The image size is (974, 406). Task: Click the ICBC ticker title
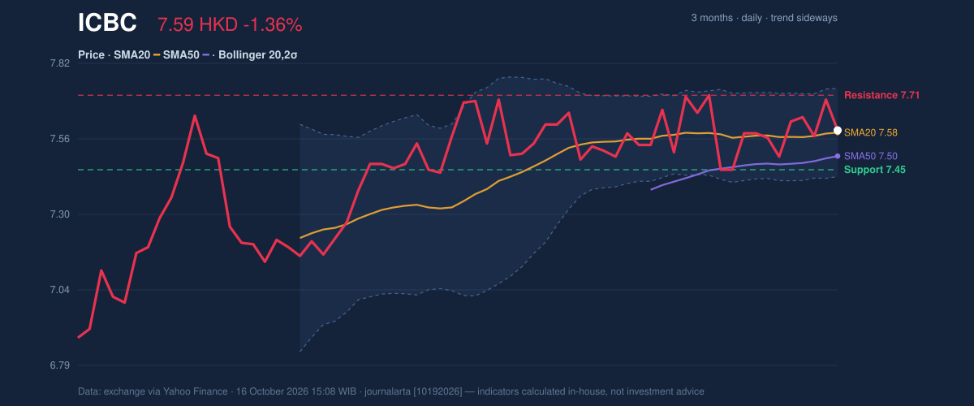[x=107, y=23]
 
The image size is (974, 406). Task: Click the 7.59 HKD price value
[x=197, y=25]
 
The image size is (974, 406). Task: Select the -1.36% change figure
[x=273, y=25]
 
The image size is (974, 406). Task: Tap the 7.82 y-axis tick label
[x=59, y=63]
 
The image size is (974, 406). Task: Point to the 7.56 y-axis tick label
[x=59, y=139]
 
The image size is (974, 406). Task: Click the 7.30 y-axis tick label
[x=59, y=214]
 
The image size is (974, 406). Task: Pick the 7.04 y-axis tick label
[x=59, y=290]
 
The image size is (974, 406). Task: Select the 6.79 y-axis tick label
[x=59, y=365]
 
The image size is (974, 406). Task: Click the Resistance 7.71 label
[x=881, y=95]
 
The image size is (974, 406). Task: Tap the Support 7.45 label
[x=875, y=170]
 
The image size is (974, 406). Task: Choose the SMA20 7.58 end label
[x=870, y=132]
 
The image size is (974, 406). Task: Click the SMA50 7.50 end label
[x=870, y=156]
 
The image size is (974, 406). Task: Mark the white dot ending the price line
[x=838, y=131]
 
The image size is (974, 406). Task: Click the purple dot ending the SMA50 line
[x=838, y=156]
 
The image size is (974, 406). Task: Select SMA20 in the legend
[x=131, y=55]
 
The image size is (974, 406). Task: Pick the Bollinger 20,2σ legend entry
[x=258, y=55]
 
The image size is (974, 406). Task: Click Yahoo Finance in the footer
[x=196, y=391]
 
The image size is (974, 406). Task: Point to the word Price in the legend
[x=91, y=55]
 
